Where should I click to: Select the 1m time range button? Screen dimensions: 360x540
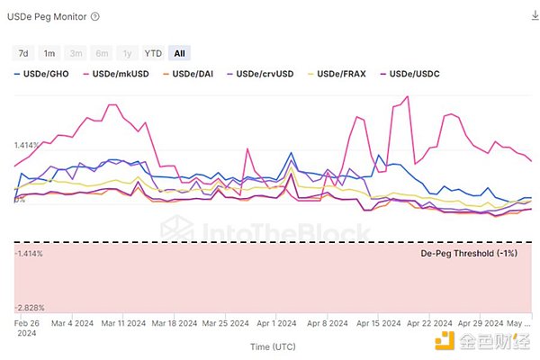(49, 53)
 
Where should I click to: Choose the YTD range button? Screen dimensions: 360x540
(153, 53)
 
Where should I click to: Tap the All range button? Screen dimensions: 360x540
(180, 53)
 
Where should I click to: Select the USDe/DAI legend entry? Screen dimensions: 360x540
(190, 76)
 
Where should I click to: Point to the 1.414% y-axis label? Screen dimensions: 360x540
(28, 145)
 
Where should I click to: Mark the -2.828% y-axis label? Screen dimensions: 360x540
(29, 307)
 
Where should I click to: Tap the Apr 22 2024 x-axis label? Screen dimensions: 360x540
(427, 322)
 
